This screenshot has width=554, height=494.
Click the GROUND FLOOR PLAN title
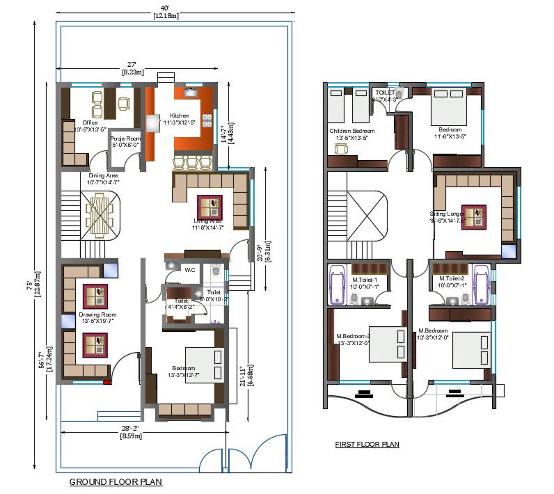pos(116,481)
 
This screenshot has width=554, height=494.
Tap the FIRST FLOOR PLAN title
pos(367,445)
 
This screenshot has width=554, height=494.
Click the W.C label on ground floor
pos(189,269)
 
